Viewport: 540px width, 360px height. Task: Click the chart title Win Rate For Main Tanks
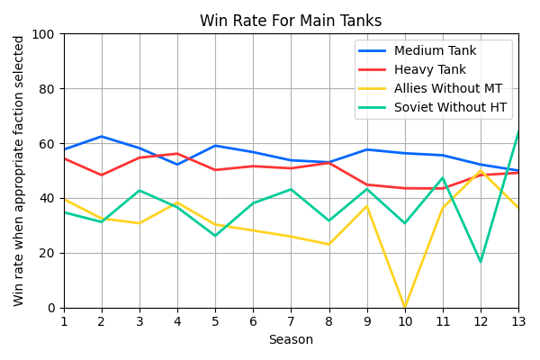click(x=291, y=21)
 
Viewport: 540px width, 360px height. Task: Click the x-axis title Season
click(x=291, y=340)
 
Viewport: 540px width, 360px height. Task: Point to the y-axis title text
click(x=20, y=171)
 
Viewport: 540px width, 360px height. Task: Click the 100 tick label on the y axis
click(x=47, y=34)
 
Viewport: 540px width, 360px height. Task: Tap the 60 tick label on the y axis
click(x=50, y=144)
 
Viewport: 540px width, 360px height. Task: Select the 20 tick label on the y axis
click(x=50, y=253)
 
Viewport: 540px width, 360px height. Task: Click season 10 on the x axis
click(x=404, y=321)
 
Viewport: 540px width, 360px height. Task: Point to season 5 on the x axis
click(x=215, y=321)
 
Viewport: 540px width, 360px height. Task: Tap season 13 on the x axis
click(x=517, y=321)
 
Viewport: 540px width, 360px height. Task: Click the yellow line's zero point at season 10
click(x=404, y=307)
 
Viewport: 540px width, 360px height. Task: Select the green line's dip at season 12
click(x=480, y=262)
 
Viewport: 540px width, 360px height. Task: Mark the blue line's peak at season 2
click(x=102, y=137)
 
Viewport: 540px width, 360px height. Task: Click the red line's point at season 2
click(x=102, y=175)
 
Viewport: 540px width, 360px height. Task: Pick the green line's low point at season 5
click(x=215, y=236)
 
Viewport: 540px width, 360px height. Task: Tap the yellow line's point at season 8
click(x=328, y=244)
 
